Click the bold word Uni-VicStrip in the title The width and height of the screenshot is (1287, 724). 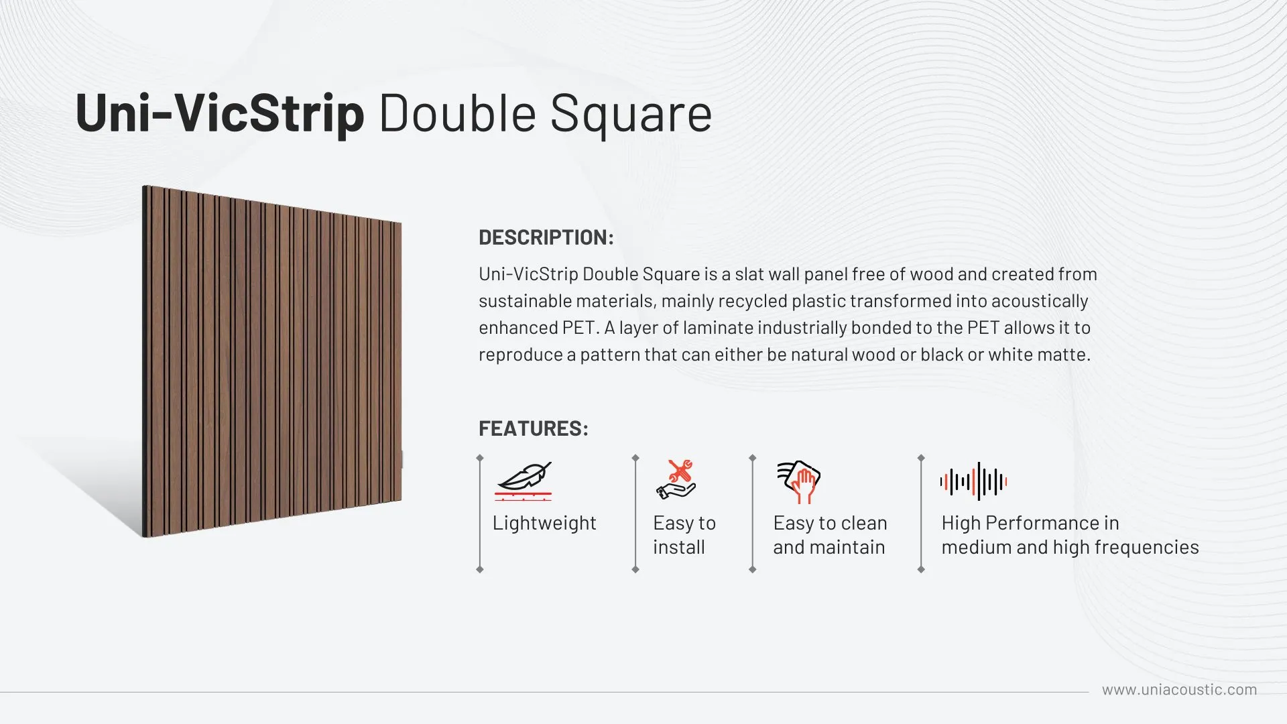tap(220, 113)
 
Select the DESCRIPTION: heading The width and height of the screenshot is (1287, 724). tap(546, 237)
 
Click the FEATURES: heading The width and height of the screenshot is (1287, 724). tap(534, 428)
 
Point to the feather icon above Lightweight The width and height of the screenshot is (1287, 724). tap(524, 481)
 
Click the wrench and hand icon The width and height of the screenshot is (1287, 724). tap(676, 479)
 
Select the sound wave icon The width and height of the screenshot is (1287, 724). tap(973, 481)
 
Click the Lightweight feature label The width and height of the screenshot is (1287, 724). tap(544, 523)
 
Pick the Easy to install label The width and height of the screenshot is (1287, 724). tap(684, 535)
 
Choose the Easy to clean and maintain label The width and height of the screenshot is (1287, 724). tap(830, 535)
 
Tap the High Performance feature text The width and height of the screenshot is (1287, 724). tap(1070, 535)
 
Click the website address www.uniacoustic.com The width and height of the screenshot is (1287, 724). tap(1180, 690)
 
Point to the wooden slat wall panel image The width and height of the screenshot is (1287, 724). tap(272, 362)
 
